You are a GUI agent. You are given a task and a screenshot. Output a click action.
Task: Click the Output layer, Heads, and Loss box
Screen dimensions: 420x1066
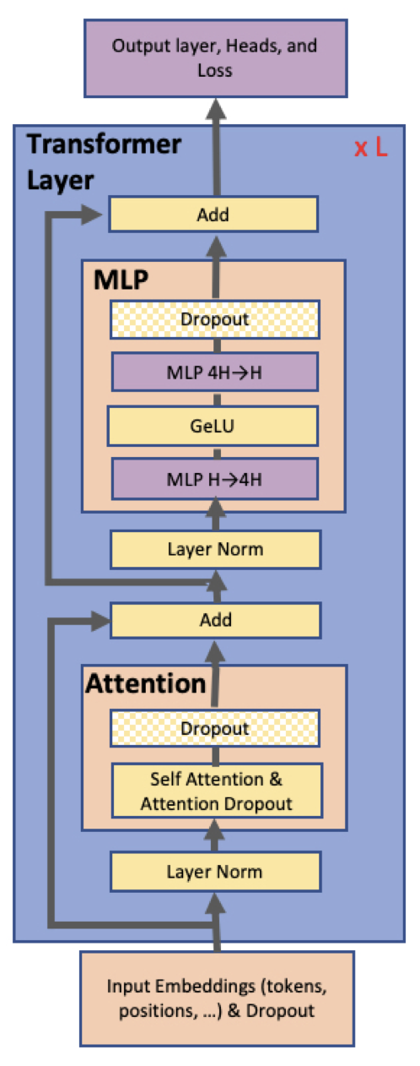point(216,58)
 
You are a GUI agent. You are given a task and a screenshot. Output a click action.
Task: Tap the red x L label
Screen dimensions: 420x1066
point(371,148)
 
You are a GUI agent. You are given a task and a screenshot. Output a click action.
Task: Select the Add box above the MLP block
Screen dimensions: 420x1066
point(213,215)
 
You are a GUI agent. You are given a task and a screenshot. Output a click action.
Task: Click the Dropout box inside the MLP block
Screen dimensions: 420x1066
point(215,319)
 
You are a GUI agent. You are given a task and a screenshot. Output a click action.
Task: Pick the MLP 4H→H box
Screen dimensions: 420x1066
point(215,373)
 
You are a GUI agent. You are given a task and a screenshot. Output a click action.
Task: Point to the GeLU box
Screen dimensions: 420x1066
point(213,426)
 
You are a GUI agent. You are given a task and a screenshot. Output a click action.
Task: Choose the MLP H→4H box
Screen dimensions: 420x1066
point(215,479)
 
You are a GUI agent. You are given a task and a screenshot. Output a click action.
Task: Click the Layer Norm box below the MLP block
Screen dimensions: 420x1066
point(216,550)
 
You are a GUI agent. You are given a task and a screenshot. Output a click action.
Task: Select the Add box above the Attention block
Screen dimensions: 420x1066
point(216,620)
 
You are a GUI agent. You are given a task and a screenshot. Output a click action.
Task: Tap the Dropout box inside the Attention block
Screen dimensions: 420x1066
point(215,728)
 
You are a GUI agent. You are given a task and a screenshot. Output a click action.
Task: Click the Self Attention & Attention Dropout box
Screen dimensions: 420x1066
point(217,791)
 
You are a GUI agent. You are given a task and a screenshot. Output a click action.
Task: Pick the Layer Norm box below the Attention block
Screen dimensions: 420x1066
point(216,872)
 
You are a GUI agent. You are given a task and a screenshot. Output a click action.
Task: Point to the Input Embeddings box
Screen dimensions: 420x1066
point(217,998)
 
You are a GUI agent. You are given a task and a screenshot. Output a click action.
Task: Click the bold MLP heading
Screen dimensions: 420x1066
point(121,280)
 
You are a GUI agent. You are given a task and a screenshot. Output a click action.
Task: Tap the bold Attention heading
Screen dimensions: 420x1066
point(146,684)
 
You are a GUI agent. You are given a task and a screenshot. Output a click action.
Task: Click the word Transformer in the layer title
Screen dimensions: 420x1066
point(104,144)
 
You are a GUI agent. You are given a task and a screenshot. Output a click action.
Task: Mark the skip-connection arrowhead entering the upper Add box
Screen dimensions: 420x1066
point(92,215)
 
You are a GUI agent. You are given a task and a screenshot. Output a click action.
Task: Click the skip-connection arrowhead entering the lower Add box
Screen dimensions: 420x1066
point(100,621)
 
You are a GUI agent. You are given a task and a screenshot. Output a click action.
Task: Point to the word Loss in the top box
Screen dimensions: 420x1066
point(215,71)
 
